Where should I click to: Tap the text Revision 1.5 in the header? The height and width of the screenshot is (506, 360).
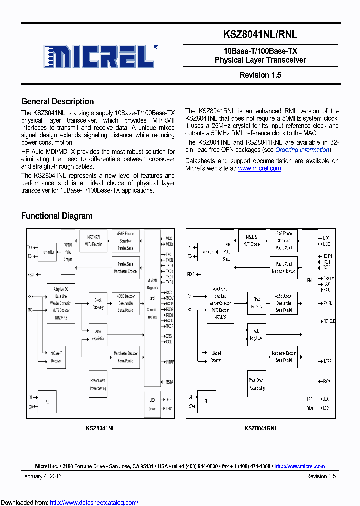[x=260, y=75]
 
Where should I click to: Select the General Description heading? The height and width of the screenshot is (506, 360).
[x=57, y=101]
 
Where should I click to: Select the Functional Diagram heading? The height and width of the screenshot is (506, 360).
[x=57, y=216]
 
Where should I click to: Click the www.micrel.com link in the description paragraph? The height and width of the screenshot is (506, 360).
[x=259, y=169]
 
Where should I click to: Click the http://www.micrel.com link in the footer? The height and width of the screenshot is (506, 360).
[x=299, y=466]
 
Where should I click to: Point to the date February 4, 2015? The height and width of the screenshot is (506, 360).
[x=41, y=476]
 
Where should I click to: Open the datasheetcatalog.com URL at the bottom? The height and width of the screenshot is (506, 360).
[x=94, y=502]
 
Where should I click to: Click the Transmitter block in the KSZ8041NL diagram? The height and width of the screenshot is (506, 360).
[x=49, y=252]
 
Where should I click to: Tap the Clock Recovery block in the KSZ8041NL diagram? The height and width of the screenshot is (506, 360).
[x=98, y=304]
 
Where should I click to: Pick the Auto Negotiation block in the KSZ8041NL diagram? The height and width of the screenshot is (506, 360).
[x=98, y=335]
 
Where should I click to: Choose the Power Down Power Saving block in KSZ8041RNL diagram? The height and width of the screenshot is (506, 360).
[x=256, y=384]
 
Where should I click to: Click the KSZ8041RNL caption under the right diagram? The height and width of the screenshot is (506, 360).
[x=261, y=428]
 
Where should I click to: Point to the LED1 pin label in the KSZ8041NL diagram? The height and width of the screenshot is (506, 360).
[x=168, y=408]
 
